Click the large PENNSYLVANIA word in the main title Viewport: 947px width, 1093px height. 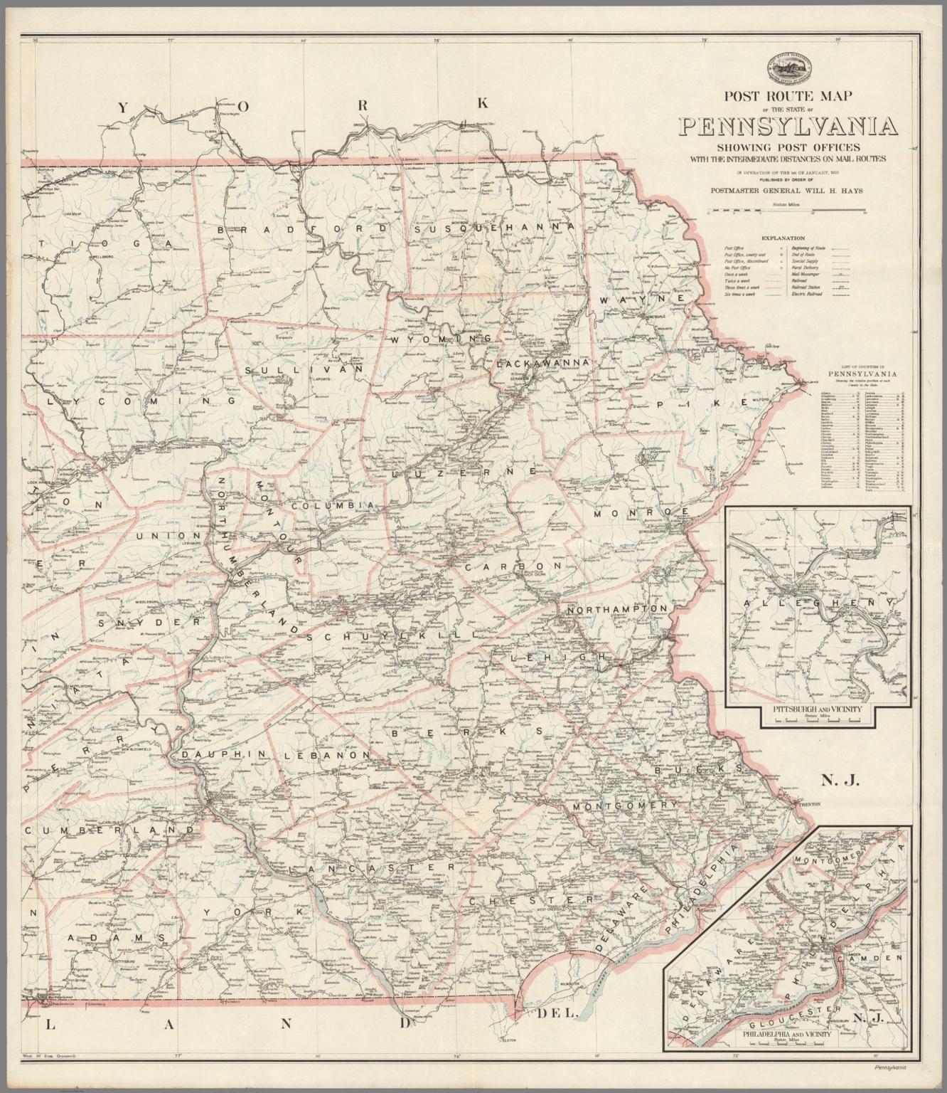click(788, 126)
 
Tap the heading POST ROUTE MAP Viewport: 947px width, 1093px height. click(788, 95)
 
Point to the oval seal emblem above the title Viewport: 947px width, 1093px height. click(788, 66)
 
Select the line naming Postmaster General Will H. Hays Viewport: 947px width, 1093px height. click(788, 190)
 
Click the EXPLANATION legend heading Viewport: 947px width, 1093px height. click(782, 238)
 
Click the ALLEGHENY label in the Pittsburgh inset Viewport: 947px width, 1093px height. click(818, 603)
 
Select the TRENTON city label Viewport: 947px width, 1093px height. click(810, 803)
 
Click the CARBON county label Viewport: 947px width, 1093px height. click(513, 566)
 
